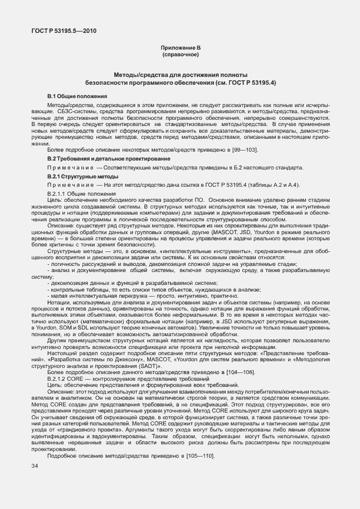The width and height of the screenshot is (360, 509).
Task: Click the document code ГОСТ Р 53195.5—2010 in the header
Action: tap(64, 31)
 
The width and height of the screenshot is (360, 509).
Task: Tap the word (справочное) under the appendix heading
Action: tap(180, 56)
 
